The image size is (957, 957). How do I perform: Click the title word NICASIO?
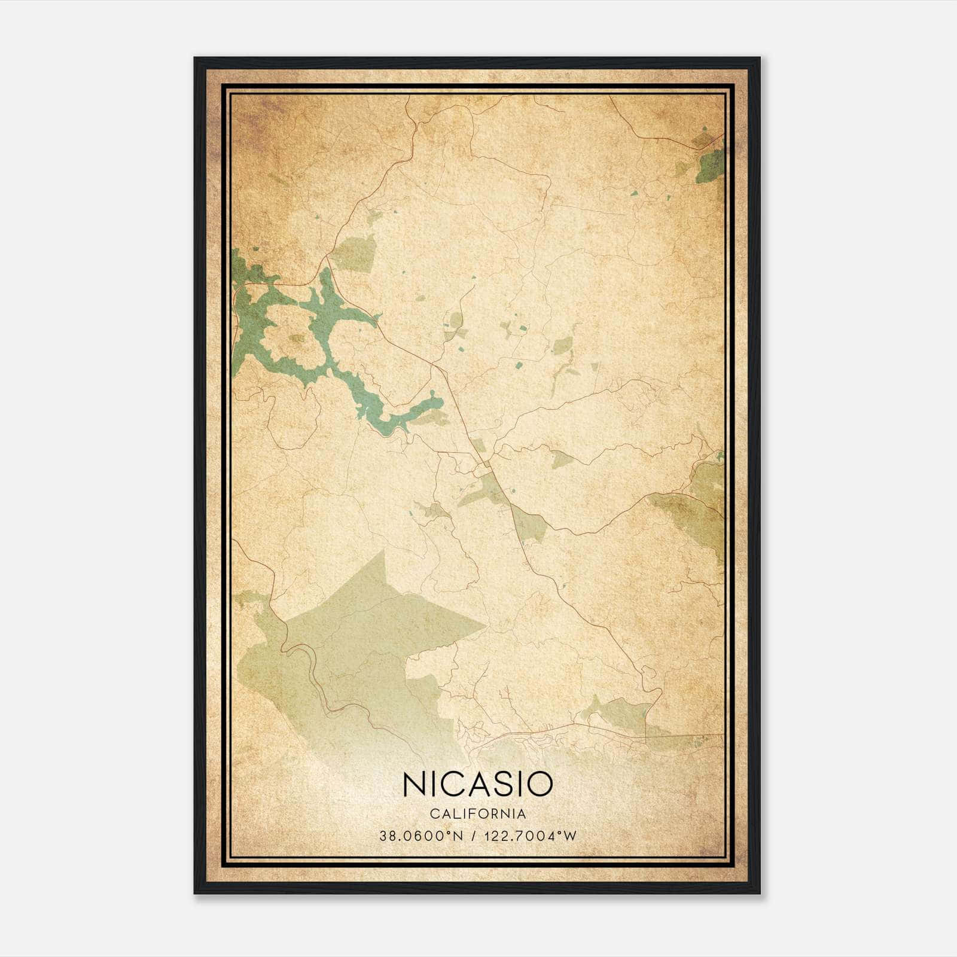pos(477,784)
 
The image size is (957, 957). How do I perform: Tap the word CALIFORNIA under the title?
pos(477,814)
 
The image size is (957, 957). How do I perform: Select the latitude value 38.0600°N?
pos(421,836)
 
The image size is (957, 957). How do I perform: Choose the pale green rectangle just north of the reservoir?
pos(354,251)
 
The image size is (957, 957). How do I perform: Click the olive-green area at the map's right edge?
pos(706,502)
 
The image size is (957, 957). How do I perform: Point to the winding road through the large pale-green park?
pos(311,676)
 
